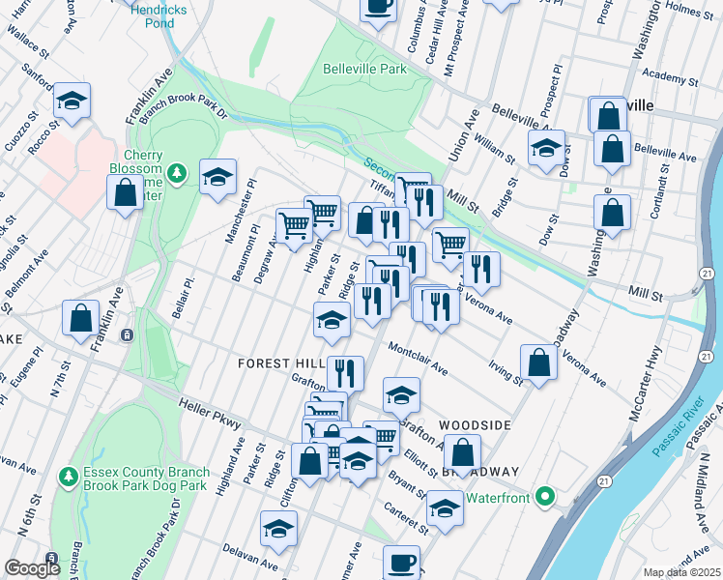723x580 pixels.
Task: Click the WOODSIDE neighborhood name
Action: pos(474,424)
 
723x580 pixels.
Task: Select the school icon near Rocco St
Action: pos(72,101)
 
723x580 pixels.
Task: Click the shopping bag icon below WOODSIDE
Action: pos(464,452)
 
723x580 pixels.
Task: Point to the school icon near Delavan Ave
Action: pos(279,529)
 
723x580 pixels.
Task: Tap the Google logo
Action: pos(32,569)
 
